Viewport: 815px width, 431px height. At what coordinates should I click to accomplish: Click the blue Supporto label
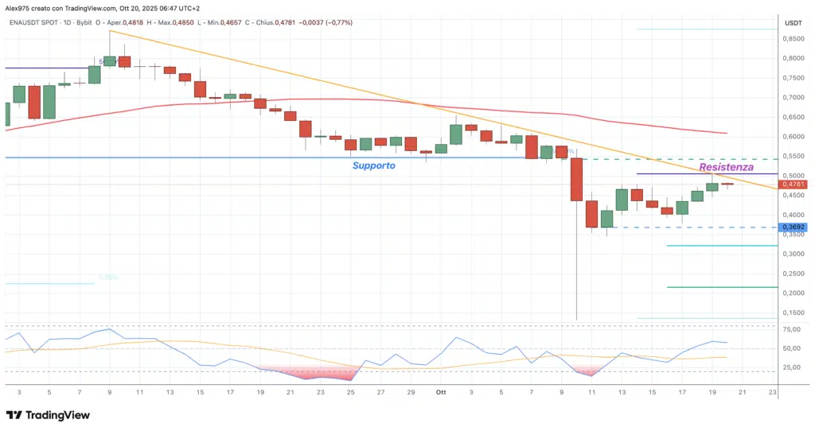click(x=374, y=166)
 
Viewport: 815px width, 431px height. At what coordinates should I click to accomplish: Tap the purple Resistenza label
click(x=726, y=168)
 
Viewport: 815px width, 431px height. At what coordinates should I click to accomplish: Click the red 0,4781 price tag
click(x=794, y=184)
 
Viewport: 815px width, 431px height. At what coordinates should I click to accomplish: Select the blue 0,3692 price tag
click(x=794, y=227)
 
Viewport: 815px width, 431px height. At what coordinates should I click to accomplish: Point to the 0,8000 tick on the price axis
click(x=793, y=59)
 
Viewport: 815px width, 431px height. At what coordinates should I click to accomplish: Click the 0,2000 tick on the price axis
click(x=793, y=293)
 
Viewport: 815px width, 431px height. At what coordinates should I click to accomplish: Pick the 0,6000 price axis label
click(x=793, y=137)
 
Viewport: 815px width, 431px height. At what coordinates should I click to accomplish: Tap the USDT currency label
click(x=793, y=23)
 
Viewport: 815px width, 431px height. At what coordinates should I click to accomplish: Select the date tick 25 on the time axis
click(x=350, y=392)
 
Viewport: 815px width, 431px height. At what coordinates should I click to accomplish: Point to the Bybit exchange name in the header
click(x=84, y=23)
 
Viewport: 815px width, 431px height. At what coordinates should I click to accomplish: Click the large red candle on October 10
click(x=576, y=179)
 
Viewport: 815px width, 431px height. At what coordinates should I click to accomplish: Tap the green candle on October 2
click(x=456, y=134)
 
